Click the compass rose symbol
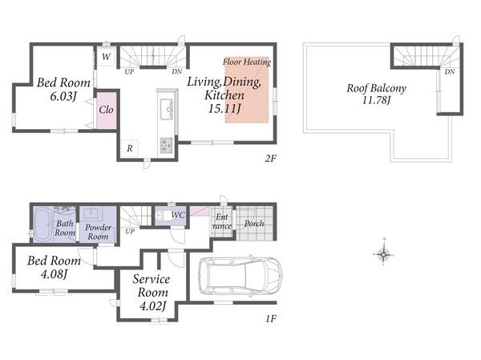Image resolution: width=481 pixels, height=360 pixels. pyautogui.click(x=383, y=253)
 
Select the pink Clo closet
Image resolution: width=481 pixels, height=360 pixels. pyautogui.click(x=107, y=110)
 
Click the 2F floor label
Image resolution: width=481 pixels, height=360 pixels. pyautogui.click(x=271, y=159)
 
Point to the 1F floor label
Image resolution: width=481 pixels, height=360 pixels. pyautogui.click(x=271, y=318)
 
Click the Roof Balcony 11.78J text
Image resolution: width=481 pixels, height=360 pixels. pyautogui.click(x=377, y=94)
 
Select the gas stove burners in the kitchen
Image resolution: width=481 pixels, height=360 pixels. pyautogui.click(x=166, y=145)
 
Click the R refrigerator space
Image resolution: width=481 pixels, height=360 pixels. pyautogui.click(x=129, y=148)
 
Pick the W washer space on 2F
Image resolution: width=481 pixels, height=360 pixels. pyautogui.click(x=106, y=56)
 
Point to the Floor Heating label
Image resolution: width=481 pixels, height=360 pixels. pyautogui.click(x=247, y=62)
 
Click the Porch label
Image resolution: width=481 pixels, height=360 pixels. pyautogui.click(x=254, y=224)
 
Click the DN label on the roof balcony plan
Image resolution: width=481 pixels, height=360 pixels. pyautogui.click(x=450, y=72)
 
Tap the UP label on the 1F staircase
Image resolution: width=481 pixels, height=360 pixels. pyautogui.click(x=130, y=231)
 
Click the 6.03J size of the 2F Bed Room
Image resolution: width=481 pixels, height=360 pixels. pyautogui.click(x=63, y=96)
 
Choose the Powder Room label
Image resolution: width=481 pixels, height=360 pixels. pyautogui.click(x=98, y=232)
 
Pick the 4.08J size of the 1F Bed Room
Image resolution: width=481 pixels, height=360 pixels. pyautogui.click(x=54, y=273)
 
